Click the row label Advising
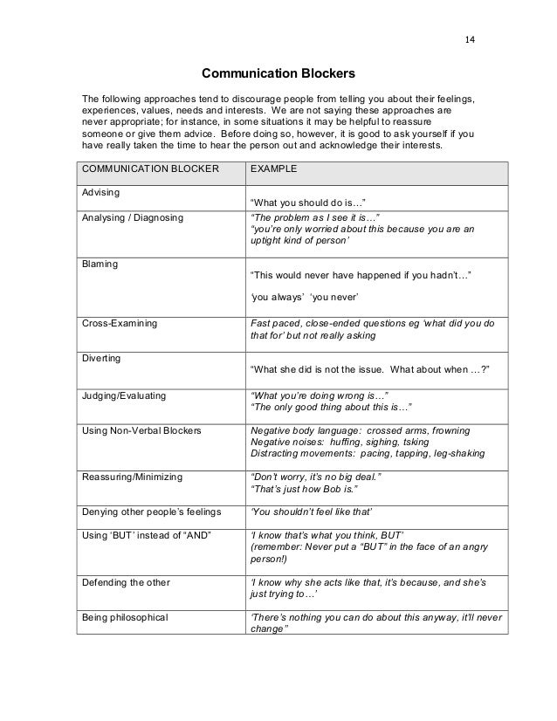100,190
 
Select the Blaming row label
99,262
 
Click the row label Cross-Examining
120,323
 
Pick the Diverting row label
101,358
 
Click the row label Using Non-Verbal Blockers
141,431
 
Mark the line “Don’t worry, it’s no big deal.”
317,477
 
